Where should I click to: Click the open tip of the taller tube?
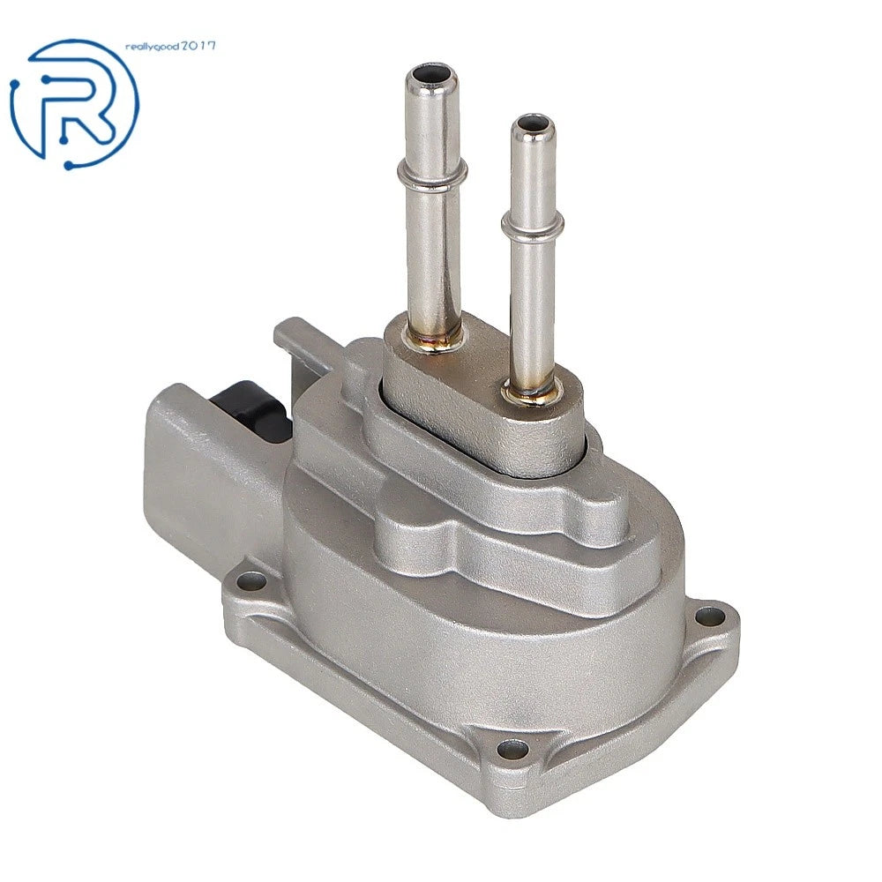click(x=431, y=74)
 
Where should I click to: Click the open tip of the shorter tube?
click(x=533, y=123)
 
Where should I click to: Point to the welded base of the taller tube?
click(x=432, y=340)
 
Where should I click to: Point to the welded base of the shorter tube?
click(x=532, y=391)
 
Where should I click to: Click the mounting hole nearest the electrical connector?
click(x=251, y=581)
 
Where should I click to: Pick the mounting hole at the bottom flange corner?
click(x=513, y=749)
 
